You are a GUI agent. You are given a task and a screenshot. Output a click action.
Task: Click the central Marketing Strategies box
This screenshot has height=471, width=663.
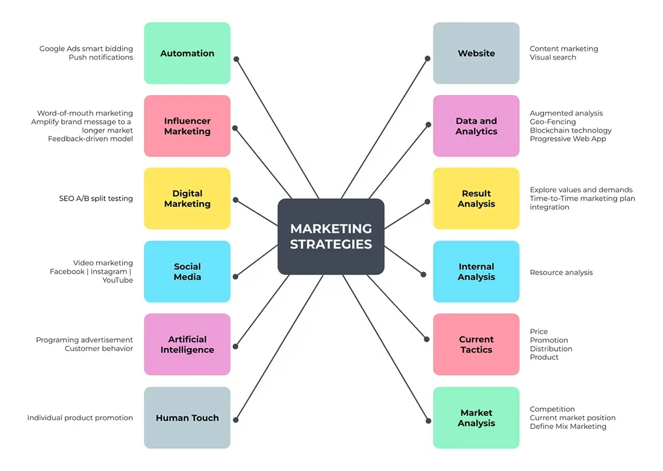pos(330,236)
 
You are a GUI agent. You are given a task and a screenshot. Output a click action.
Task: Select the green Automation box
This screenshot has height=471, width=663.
pos(187,53)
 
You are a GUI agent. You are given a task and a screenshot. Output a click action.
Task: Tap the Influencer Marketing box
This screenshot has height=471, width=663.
pos(187,126)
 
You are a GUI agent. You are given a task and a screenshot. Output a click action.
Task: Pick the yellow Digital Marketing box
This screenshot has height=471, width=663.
pos(187,198)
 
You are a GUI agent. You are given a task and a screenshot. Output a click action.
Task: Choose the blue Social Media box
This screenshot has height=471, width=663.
pos(187,271)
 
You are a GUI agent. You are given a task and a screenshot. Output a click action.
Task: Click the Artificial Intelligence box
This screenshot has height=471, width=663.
pos(187,344)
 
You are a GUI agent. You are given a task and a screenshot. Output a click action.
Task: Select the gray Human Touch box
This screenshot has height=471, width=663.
pos(187,417)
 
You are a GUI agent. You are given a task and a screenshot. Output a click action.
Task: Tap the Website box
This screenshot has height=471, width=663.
pos(476,53)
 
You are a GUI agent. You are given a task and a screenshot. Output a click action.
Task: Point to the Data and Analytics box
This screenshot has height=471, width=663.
pos(476,126)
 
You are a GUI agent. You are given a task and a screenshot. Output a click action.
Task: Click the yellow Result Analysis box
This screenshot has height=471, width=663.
pos(476,198)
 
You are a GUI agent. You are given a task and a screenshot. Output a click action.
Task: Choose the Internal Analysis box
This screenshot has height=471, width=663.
pos(476,271)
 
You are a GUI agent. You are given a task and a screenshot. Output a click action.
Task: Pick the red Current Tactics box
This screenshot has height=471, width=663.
pos(476,344)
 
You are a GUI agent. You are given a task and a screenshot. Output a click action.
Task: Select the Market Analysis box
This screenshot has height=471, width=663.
pos(476,417)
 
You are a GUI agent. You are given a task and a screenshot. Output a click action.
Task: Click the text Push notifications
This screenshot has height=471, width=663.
pos(101,57)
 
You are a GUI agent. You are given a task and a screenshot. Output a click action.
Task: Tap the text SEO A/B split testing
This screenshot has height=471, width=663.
pos(96,198)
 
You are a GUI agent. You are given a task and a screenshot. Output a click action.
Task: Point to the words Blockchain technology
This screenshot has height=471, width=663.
pos(571,130)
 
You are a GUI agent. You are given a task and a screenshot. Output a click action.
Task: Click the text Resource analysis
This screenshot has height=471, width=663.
pos(561,273)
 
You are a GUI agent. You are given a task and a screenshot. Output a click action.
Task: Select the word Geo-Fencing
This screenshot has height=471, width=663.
pos(552,122)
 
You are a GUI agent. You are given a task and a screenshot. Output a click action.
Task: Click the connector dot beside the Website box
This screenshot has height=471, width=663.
pos(428,58)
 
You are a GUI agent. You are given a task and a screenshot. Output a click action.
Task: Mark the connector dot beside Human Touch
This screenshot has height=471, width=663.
pos(236,420)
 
